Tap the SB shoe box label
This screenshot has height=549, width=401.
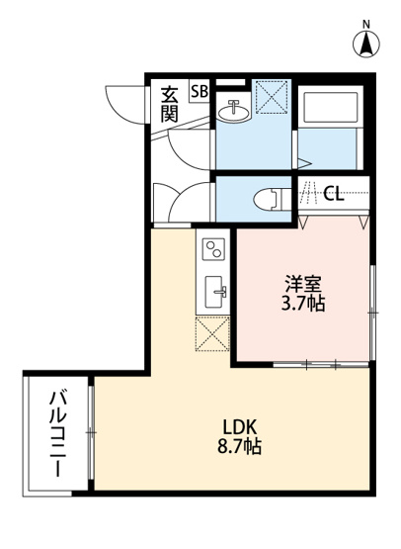click(x=200, y=91)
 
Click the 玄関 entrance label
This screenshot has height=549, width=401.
click(x=170, y=103)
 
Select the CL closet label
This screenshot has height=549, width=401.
click(x=334, y=193)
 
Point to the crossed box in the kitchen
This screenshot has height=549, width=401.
click(x=212, y=335)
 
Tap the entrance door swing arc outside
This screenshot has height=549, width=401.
click(x=124, y=102)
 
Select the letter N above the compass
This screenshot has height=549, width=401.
click(x=366, y=23)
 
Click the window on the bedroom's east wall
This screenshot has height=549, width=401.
click(x=372, y=312)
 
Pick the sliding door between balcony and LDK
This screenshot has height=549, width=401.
click(x=91, y=433)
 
